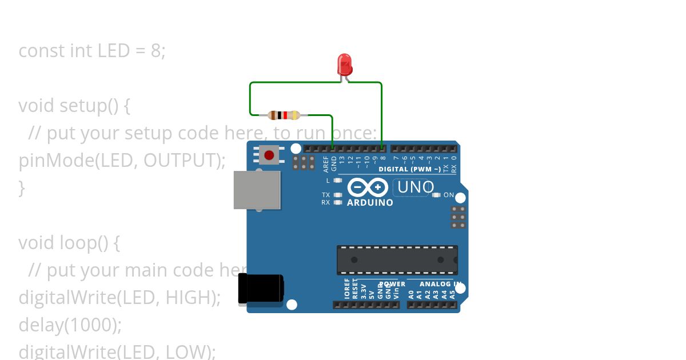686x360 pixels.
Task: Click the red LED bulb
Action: (345, 64)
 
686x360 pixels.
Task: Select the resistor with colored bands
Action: (284, 115)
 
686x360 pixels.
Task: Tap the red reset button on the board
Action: (269, 155)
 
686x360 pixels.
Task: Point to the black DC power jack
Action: (261, 288)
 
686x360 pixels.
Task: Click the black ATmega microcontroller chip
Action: (397, 260)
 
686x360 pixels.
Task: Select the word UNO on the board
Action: (416, 187)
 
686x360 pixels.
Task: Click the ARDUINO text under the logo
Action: (370, 203)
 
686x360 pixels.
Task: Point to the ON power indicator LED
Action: (437, 195)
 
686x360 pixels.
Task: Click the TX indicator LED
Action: (338, 195)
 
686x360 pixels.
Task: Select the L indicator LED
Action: (338, 181)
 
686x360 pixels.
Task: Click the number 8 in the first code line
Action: (155, 51)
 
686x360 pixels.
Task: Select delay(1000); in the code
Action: (70, 325)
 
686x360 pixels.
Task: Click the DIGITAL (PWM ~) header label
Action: (409, 169)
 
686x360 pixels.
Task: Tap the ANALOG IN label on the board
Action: (440, 284)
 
